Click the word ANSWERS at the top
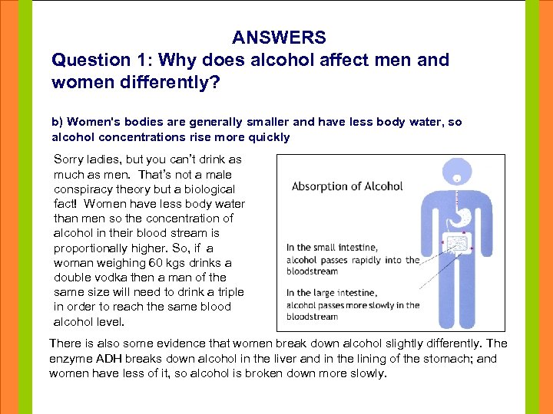coord(279,38)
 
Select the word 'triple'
coord(228,292)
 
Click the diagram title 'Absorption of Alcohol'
coord(347,186)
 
